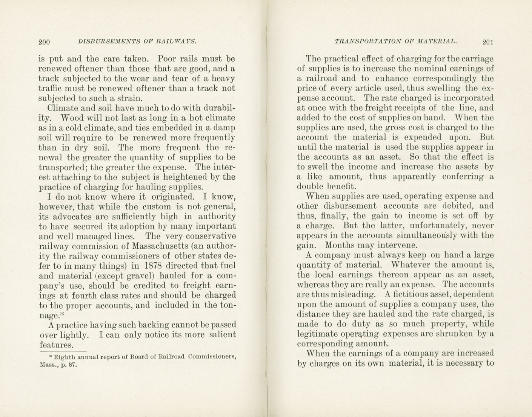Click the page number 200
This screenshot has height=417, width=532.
point(44,42)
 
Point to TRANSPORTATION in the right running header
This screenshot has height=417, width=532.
point(366,41)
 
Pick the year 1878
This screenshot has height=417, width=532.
point(154,266)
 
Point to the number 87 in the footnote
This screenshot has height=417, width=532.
point(71,365)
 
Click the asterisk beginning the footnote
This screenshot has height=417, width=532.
point(50,357)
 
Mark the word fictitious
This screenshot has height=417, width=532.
point(413,294)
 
